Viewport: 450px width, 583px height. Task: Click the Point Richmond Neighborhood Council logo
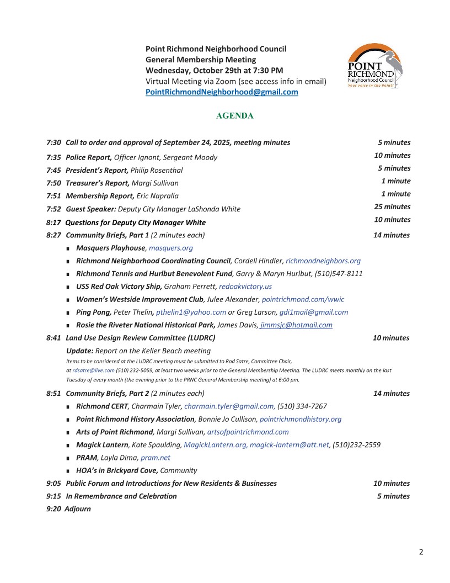pyautogui.click(x=374, y=67)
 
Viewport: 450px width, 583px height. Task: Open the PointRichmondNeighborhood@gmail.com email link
pyautogui.click(x=222, y=92)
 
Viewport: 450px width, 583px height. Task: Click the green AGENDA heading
pyautogui.click(x=235, y=116)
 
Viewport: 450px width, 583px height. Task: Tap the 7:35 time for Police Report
pyautogui.click(x=53, y=157)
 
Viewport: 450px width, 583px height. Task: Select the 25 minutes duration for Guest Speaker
pyautogui.click(x=392, y=207)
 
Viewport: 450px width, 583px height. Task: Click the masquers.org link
pyautogui.click(x=171, y=248)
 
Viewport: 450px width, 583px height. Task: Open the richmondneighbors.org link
pyautogui.click(x=323, y=261)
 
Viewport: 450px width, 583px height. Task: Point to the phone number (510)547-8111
pyautogui.click(x=339, y=274)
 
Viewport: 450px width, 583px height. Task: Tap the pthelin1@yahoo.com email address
pyautogui.click(x=191, y=312)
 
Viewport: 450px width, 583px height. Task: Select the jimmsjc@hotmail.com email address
pyautogui.click(x=297, y=325)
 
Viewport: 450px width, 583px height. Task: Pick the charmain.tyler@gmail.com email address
pyautogui.click(x=229, y=406)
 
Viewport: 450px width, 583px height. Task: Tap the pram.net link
pyautogui.click(x=156, y=458)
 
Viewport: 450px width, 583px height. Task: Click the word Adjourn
pyautogui.click(x=78, y=509)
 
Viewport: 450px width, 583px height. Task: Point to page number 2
pyautogui.click(x=421, y=552)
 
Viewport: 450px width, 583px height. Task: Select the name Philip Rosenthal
pyautogui.click(x=157, y=170)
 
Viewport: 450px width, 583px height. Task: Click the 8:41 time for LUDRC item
pyautogui.click(x=53, y=338)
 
